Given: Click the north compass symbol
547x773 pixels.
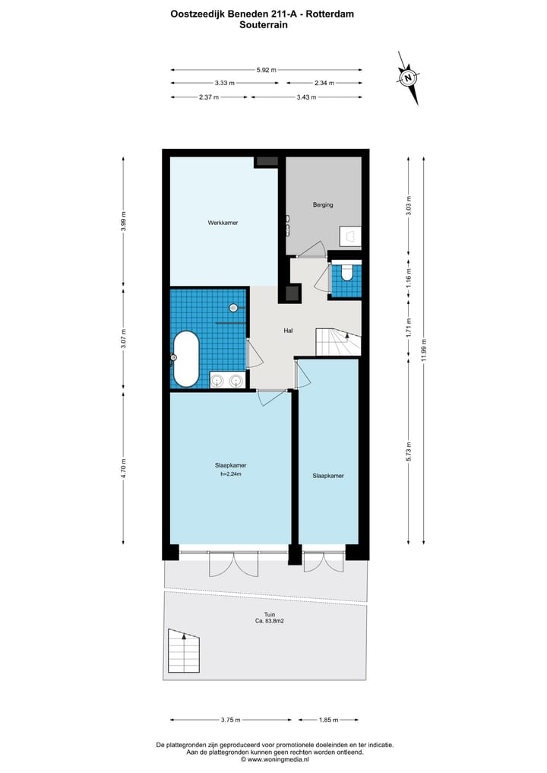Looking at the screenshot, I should coord(409,78).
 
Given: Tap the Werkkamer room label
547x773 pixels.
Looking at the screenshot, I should coord(223,223).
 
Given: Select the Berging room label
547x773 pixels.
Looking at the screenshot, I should coord(323,205).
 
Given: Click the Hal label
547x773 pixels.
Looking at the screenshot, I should coord(288,331).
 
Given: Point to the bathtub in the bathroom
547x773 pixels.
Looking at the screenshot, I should coord(186,358).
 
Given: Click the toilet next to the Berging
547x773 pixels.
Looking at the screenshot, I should coord(346,271).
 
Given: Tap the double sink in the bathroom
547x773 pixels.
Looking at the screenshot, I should coord(226,380).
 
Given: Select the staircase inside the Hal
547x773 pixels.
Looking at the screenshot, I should coord(337,342).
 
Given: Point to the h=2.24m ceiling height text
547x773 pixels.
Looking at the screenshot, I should coord(229,476).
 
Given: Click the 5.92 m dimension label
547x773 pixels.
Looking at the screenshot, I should coord(266,70).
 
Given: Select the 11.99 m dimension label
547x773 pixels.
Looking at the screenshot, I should coord(423,351).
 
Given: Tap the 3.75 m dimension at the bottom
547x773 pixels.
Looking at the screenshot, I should coord(230,720).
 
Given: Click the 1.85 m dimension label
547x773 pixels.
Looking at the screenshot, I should coord(327,720).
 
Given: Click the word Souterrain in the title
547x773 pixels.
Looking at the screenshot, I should coord(264,24).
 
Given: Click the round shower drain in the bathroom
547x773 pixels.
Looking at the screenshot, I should coord(234,308).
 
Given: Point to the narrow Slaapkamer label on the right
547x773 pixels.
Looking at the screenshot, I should coord(328,476).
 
